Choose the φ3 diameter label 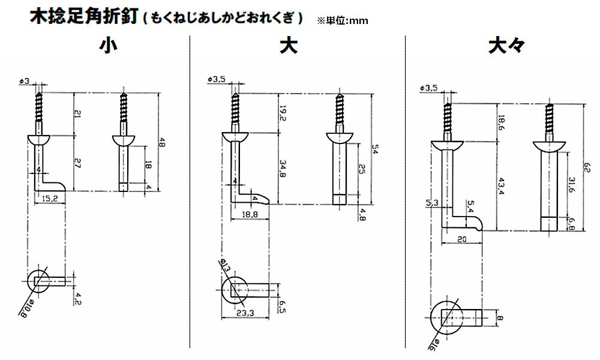click(25, 81)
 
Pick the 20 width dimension click(462, 239)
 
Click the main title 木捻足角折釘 click(85, 16)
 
